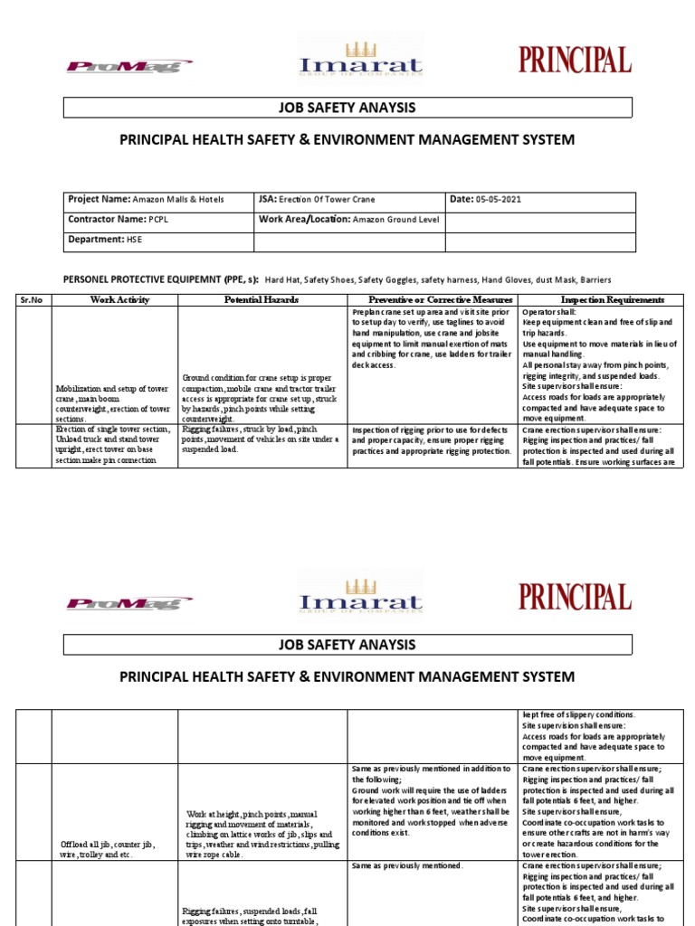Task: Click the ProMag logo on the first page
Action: [x=129, y=65]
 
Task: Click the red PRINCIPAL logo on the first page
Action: [x=575, y=61]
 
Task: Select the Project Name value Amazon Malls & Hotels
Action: [x=178, y=200]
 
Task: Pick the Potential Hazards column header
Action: [x=262, y=300]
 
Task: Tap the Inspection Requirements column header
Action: [x=612, y=300]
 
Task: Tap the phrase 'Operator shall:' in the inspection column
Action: [x=549, y=312]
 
